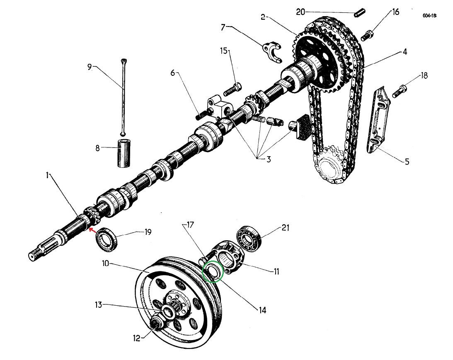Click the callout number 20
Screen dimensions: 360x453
point(300,12)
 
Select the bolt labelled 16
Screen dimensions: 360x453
point(368,36)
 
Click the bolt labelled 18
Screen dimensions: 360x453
point(398,91)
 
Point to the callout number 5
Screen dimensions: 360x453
point(407,161)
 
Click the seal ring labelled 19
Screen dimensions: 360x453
point(107,239)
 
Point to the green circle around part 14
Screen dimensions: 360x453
point(214,271)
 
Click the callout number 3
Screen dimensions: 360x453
point(268,159)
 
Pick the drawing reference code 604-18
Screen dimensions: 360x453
point(429,16)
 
